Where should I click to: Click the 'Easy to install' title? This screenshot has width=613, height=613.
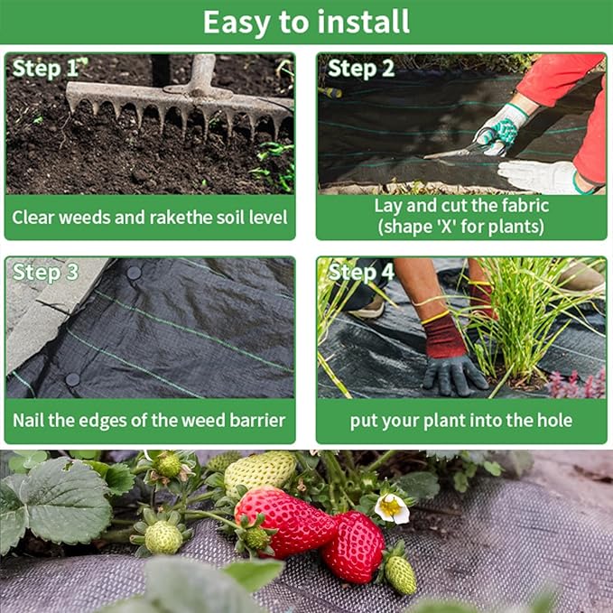[306, 22]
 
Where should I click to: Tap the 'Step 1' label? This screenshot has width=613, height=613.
[45, 69]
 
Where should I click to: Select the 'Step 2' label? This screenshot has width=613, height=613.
[361, 69]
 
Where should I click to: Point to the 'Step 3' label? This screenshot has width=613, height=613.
[45, 272]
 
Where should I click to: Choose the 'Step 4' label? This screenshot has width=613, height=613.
[361, 272]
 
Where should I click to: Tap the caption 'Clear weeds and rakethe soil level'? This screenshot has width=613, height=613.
[150, 218]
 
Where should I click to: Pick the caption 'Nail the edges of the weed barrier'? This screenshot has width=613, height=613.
[150, 421]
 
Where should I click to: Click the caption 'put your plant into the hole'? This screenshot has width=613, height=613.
[460, 421]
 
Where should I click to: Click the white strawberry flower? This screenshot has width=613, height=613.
[393, 507]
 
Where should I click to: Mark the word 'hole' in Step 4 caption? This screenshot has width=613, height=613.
[553, 421]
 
